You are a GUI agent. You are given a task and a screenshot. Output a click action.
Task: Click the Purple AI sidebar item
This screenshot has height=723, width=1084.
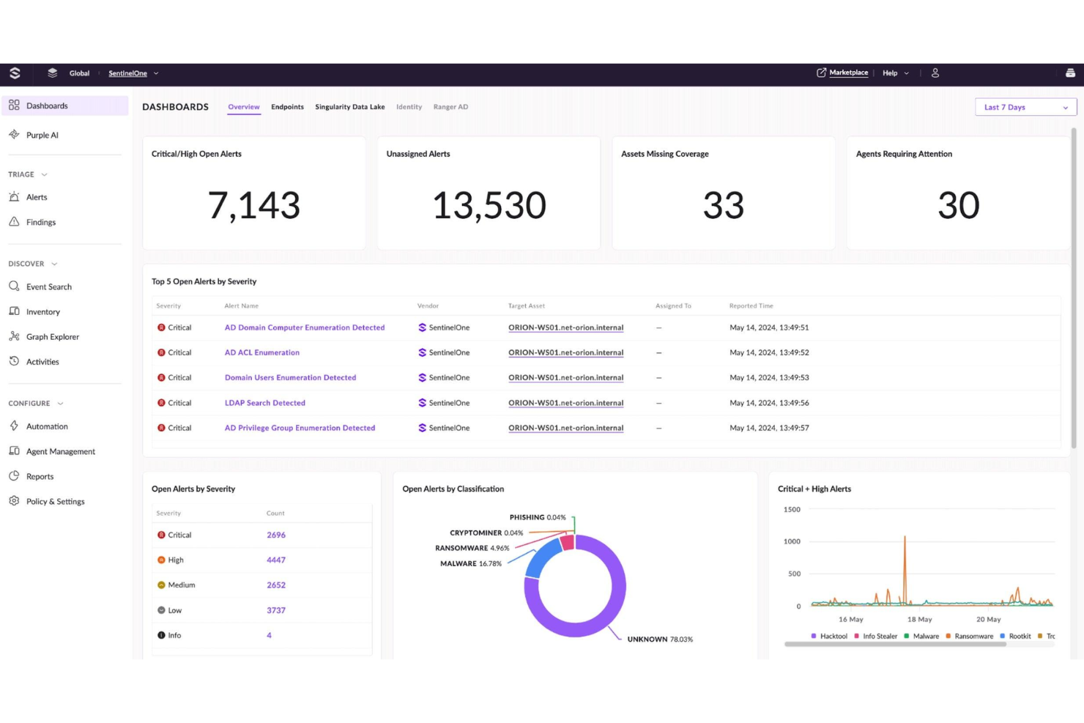[x=42, y=135]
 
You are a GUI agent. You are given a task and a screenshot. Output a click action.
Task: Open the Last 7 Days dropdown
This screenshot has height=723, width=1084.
[x=1025, y=107]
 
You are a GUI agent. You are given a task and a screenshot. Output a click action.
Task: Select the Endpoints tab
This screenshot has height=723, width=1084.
[x=287, y=107]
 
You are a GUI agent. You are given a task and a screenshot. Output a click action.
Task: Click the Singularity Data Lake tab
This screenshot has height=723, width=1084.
[x=349, y=107]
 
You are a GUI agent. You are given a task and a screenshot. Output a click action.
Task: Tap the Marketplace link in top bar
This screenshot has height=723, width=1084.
[x=847, y=73]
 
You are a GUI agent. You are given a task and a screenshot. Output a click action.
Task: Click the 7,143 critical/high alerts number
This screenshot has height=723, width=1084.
[x=254, y=205]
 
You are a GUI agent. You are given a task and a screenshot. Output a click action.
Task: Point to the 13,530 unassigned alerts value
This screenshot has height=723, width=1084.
[x=489, y=205]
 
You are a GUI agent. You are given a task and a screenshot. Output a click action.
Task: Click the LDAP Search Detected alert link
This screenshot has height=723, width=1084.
[x=264, y=403]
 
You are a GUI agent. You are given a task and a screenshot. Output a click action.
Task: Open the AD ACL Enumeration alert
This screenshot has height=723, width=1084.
[x=261, y=352]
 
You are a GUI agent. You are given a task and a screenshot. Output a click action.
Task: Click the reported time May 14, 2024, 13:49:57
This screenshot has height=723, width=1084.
[x=769, y=428]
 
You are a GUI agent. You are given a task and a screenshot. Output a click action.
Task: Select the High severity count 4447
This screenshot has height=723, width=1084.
[x=276, y=560]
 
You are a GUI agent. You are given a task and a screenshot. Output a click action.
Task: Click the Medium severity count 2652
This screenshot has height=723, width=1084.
[x=276, y=585]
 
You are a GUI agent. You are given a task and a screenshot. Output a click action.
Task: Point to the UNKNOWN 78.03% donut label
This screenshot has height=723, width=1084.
[x=659, y=639]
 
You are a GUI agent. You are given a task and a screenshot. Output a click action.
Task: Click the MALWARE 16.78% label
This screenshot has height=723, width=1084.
[x=470, y=563]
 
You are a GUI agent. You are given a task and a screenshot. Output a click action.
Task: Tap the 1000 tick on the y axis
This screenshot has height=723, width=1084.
[x=792, y=541]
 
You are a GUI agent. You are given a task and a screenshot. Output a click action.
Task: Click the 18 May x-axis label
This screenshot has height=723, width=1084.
[x=919, y=619]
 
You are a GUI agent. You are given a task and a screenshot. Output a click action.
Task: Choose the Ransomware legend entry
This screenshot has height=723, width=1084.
[x=973, y=636]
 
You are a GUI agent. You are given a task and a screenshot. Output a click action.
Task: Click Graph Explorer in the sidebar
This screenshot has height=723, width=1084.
[x=52, y=337]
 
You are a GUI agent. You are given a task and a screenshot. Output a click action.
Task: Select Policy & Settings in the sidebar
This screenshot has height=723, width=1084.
[x=55, y=502]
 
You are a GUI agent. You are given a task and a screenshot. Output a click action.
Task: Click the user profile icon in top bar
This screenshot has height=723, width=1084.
[x=935, y=73]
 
